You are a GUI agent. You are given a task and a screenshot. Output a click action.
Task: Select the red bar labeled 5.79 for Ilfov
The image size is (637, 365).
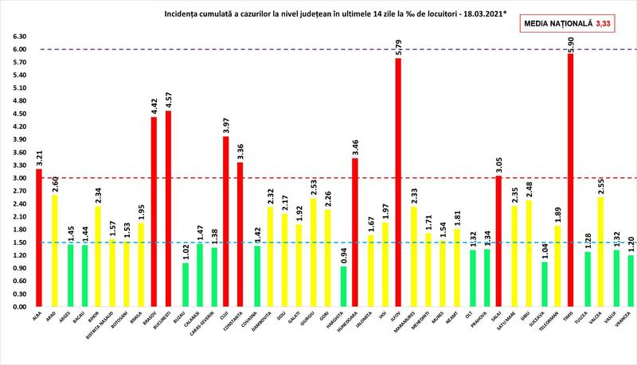click(397, 182)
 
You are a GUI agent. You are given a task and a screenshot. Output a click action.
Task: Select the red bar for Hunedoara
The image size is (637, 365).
click(354, 231)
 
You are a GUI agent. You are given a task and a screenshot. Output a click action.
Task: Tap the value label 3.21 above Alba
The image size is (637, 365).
click(37, 157)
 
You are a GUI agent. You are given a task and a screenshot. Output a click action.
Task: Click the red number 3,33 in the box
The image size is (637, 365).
click(609, 25)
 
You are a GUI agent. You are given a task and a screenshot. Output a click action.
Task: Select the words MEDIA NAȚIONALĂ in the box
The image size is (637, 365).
click(560, 25)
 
